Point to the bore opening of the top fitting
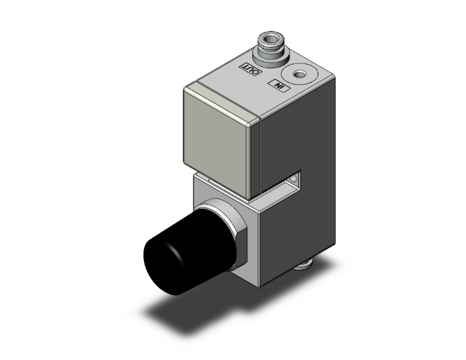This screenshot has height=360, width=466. (268, 42)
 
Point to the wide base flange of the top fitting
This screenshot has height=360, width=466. (267, 60)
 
